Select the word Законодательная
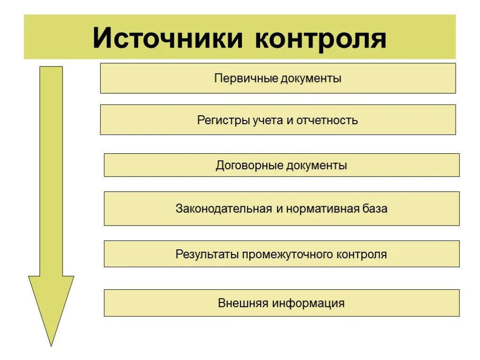[224, 208]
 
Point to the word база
[375, 208]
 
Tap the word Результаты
[207, 254]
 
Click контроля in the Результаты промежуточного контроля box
[361, 254]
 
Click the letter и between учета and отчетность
[288, 120]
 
